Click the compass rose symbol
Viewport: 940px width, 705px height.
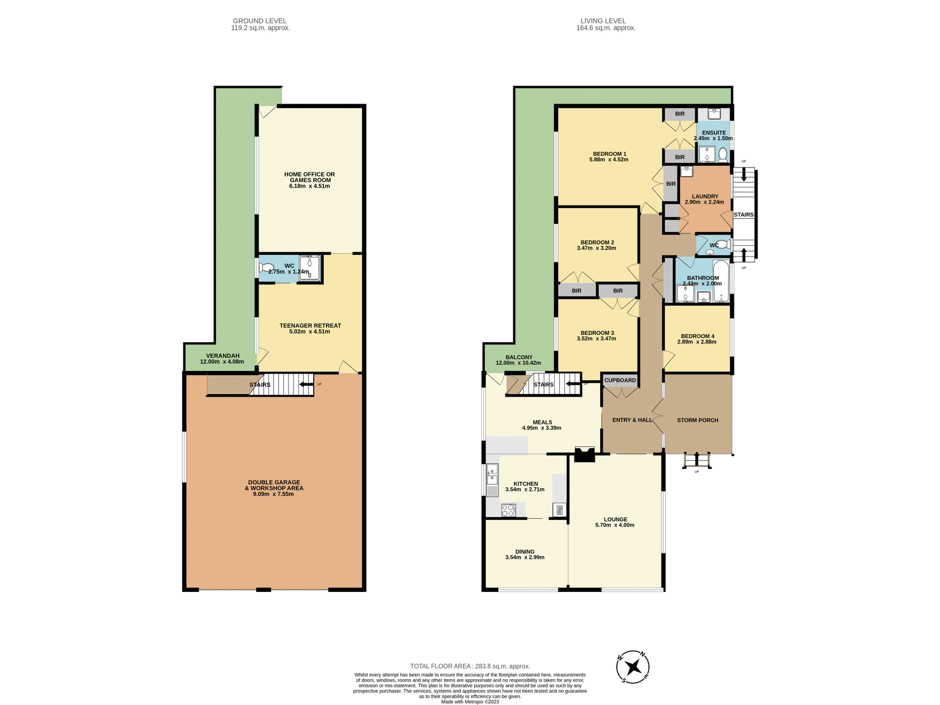pyautogui.click(x=633, y=667)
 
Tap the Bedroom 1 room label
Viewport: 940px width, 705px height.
pyautogui.click(x=610, y=154)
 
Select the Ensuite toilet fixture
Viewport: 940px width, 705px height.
pyautogui.click(x=723, y=155)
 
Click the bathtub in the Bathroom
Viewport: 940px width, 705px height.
pyautogui.click(x=721, y=282)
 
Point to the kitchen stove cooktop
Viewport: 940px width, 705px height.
pyautogui.click(x=508, y=511)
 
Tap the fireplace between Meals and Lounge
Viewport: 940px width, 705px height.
pyautogui.click(x=585, y=454)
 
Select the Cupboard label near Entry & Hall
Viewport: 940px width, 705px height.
pyautogui.click(x=620, y=380)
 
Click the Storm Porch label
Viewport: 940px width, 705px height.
pyautogui.click(x=698, y=420)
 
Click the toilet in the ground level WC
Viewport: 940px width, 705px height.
pyautogui.click(x=266, y=268)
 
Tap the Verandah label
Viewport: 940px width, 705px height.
pyautogui.click(x=222, y=356)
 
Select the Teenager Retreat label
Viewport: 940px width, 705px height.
pyautogui.click(x=310, y=326)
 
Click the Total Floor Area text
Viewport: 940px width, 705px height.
pyautogui.click(x=470, y=666)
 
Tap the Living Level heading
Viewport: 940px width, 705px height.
pyautogui.click(x=603, y=21)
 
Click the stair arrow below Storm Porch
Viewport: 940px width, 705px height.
pyautogui.click(x=697, y=459)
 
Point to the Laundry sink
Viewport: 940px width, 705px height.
pyautogui.click(x=687, y=171)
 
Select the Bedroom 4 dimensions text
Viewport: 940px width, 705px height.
pyautogui.click(x=697, y=342)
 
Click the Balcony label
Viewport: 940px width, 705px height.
pyautogui.click(x=519, y=357)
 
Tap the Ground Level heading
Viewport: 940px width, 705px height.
pyautogui.click(x=259, y=21)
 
